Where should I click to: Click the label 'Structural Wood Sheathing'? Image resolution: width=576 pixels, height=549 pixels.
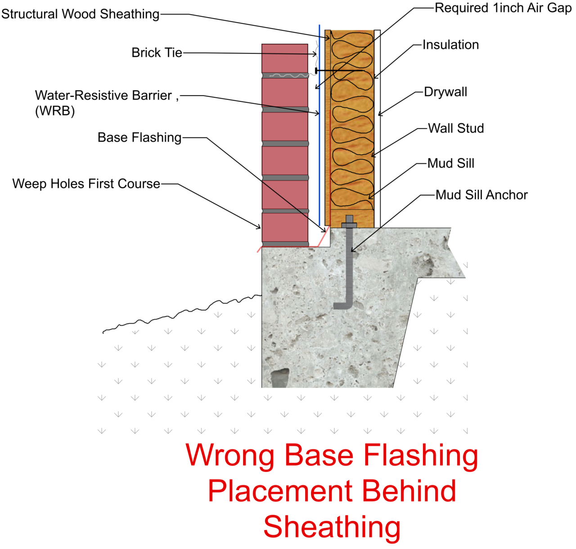coord(80,14)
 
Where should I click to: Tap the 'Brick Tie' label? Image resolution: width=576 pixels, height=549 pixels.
coord(157,53)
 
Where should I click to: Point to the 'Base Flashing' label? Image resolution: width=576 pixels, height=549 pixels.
coord(139,137)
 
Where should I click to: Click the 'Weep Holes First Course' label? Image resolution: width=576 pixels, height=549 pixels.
coord(86,184)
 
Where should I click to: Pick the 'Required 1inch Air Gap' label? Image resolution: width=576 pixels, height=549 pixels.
coord(503,8)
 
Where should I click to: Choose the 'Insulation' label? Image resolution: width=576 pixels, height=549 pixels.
coord(450,45)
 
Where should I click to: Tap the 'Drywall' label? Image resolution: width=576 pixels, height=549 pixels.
coord(445,92)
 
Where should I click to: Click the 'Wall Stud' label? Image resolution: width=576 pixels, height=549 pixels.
coord(455,128)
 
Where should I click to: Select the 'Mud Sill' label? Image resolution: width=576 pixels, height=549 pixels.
coord(450,164)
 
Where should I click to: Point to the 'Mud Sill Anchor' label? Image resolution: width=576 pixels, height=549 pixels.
coord(481,195)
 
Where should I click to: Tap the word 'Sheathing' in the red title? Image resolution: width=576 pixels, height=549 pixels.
coord(332,527)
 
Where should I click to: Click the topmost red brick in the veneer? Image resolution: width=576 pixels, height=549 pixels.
coord(285,58)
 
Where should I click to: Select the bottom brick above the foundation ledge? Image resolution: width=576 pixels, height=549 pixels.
coord(285,227)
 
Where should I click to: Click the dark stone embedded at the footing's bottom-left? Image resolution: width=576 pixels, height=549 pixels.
coord(279,378)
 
